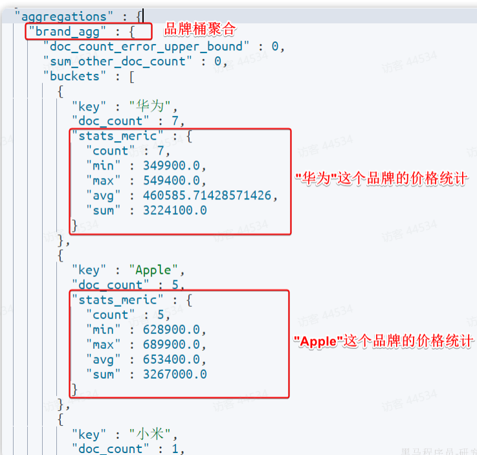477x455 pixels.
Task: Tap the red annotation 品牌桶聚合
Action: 200,30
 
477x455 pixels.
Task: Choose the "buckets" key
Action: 71,76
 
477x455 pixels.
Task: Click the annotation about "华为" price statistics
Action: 381,179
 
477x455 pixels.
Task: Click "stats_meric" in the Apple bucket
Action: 117,300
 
